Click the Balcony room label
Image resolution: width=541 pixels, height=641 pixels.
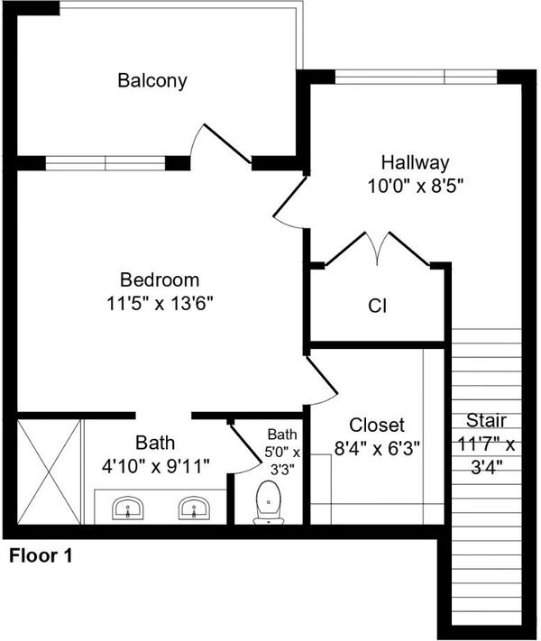tap(152, 80)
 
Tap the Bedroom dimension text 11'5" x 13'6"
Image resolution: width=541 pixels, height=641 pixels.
tap(160, 304)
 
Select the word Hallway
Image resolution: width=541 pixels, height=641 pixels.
tap(415, 163)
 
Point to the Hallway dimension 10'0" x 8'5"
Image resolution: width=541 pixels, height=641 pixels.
tap(415, 187)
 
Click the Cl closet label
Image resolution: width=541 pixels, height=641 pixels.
tap(377, 306)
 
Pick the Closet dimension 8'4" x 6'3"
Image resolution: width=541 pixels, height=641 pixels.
tap(377, 448)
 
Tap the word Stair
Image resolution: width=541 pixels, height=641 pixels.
tap(486, 420)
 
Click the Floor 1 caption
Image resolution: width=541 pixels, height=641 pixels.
tap(41, 556)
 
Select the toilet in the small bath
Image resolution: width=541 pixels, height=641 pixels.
tap(269, 503)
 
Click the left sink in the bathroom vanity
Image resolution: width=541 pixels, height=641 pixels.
tap(128, 508)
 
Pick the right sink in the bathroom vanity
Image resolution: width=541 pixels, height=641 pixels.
tap(194, 508)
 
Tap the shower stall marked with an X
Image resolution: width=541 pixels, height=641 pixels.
tap(49, 472)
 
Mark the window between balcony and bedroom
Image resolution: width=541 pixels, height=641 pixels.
tap(105, 163)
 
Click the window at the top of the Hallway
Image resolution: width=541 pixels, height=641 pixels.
tap(416, 77)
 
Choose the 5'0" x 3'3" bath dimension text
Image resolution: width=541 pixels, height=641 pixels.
tap(282, 453)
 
